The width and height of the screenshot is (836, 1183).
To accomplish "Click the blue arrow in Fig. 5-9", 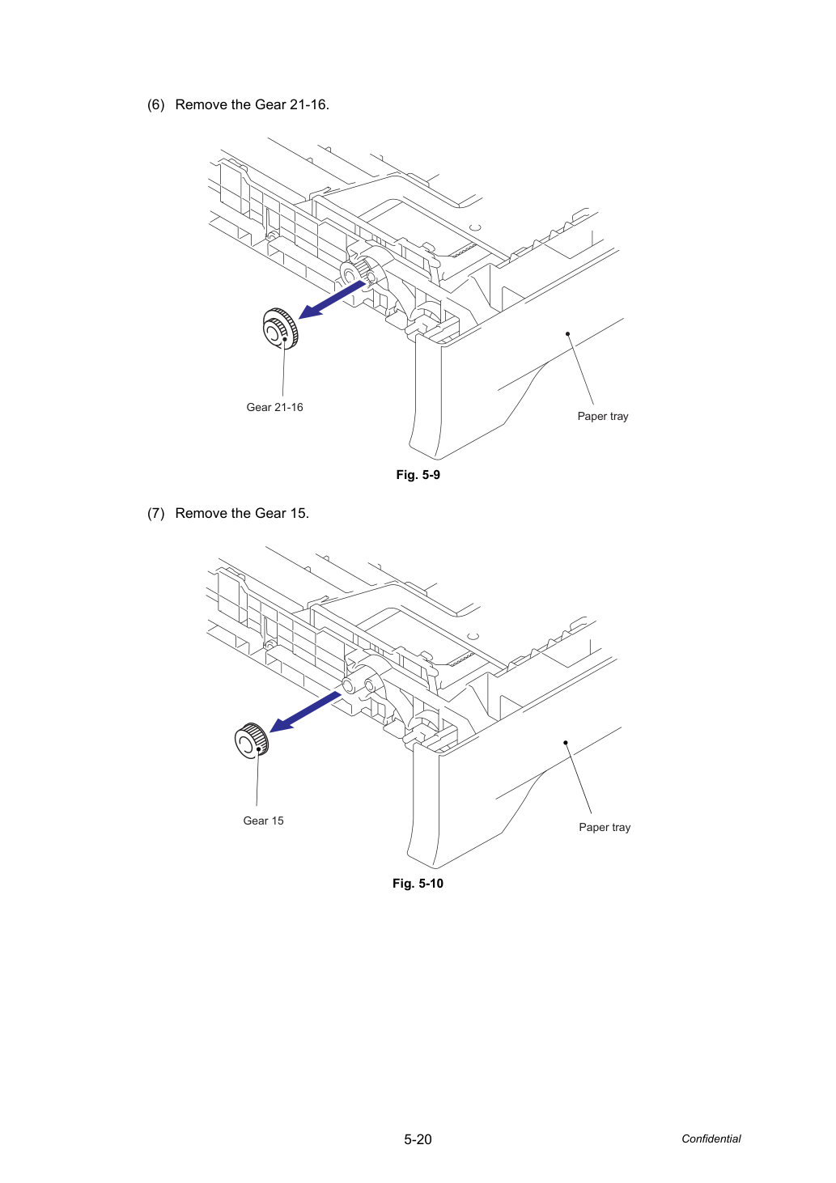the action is click(332, 299).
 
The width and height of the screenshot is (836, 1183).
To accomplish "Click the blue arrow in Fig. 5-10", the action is click(305, 712).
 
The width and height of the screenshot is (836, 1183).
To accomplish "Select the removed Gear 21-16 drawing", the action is click(280, 329).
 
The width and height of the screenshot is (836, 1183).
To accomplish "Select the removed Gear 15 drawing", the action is click(252, 741).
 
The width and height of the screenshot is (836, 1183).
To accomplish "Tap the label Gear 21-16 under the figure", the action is click(274, 407).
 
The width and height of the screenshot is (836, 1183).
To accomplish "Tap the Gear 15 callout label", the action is click(263, 820).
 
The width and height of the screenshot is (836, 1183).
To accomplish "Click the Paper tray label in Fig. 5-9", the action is click(603, 417).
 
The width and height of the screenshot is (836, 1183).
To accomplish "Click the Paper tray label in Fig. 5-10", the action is click(605, 828).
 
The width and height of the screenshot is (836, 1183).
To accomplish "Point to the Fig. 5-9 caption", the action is click(418, 475).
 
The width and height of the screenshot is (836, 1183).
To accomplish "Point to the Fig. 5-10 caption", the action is click(418, 884).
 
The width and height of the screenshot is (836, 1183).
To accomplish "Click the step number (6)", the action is click(156, 104).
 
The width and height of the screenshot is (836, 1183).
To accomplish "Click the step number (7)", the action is click(156, 513).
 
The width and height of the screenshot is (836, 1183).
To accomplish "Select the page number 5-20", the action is click(418, 1139).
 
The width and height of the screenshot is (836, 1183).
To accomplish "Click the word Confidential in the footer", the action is click(711, 1139).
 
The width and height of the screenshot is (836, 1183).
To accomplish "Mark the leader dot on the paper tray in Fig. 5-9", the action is click(568, 333).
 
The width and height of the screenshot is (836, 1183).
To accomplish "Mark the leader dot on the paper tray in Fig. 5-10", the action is click(566, 743).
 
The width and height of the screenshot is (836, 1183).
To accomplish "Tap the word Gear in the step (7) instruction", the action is click(270, 513).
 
